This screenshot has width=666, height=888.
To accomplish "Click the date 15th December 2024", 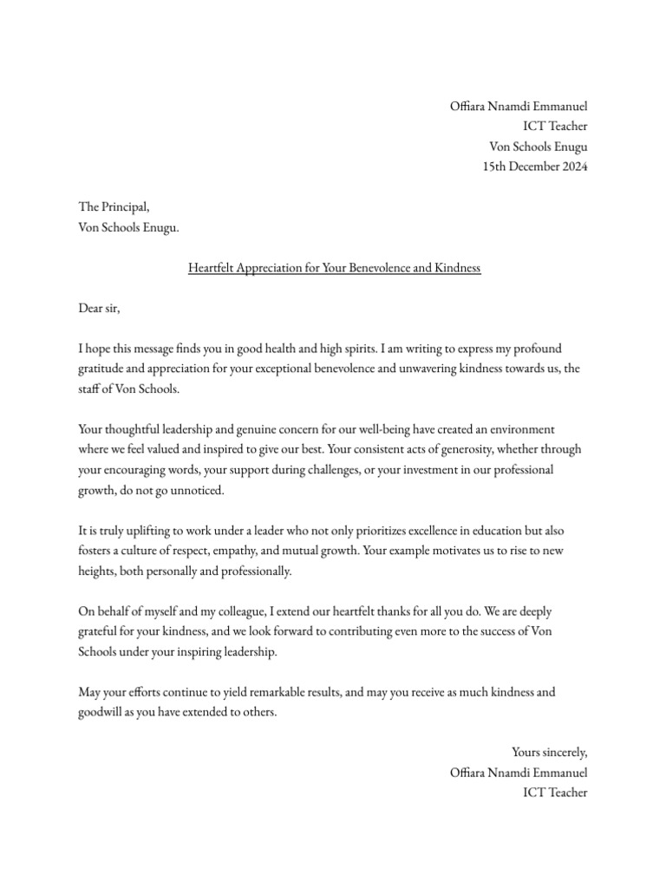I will pos(535,167).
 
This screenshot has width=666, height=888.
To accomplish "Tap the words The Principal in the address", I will pos(114,208).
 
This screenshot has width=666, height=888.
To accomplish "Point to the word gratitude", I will pos(105,369).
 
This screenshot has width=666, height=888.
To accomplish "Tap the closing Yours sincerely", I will pos(549,753).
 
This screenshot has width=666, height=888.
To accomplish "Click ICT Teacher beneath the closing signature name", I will pos(555,793).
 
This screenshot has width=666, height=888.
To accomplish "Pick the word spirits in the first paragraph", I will pos(340,349).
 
